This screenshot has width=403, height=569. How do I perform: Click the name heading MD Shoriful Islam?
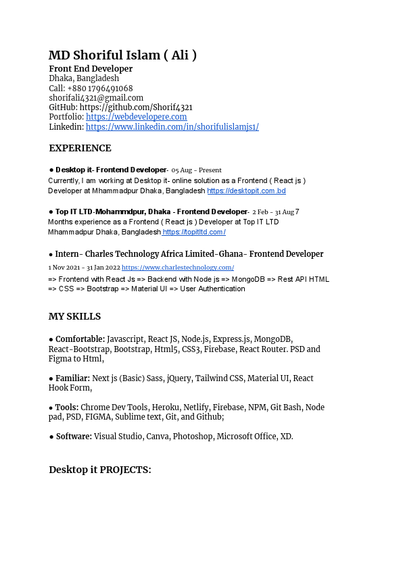(x=122, y=55)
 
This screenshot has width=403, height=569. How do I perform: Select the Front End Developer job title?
(x=91, y=69)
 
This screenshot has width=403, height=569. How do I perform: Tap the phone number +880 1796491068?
(x=100, y=89)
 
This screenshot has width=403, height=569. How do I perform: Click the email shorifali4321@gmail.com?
(x=96, y=98)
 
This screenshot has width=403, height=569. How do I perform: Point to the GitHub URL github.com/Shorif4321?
(x=136, y=107)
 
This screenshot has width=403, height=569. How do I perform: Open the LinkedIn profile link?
(x=172, y=126)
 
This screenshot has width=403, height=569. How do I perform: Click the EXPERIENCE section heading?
(x=80, y=148)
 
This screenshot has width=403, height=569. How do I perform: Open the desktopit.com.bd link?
(x=246, y=191)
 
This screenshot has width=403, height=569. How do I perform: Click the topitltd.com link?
(x=193, y=232)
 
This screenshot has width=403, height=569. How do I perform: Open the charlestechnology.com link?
(x=178, y=268)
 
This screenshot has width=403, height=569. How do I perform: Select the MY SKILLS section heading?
(x=74, y=316)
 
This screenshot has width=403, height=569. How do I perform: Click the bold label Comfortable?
(x=80, y=339)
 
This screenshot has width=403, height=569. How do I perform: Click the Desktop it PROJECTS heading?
(x=100, y=470)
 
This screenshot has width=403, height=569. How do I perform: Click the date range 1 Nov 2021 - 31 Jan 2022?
(x=84, y=268)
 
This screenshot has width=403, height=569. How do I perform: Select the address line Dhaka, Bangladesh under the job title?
(x=84, y=78)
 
